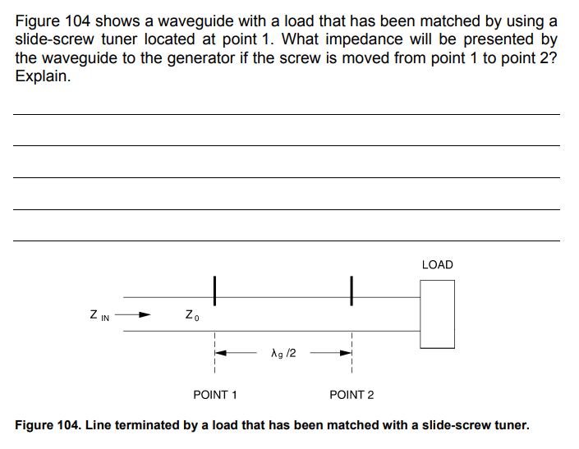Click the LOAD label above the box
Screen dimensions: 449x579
437,264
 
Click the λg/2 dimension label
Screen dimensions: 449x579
283,354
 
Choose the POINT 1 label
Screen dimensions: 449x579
215,395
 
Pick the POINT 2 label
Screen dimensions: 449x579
352,395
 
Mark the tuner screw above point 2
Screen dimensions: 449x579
351,288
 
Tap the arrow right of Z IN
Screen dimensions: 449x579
140,314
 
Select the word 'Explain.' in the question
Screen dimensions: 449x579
43,78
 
